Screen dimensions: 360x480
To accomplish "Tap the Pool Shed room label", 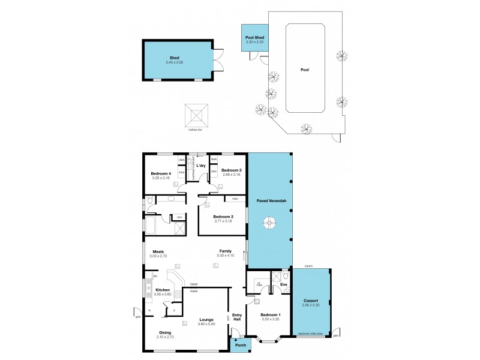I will coord(254,38).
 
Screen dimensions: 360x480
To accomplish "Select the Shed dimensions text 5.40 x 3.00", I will coord(175,62).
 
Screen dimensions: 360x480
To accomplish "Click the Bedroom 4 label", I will coord(160,173).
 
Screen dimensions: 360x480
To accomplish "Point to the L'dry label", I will coord(201,165).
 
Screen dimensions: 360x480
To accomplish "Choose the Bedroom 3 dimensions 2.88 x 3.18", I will coord(231,175).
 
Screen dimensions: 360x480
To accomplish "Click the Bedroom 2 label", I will coord(223,216).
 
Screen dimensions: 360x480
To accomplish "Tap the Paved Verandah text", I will coord(270,199).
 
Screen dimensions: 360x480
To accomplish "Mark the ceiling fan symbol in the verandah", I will coord(270,224).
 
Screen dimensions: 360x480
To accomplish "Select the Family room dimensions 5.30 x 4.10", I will coord(225,256).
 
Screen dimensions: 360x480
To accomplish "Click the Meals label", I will coord(158,252).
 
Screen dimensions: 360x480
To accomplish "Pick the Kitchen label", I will coord(162,290).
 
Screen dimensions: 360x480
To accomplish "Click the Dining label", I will coord(165,333).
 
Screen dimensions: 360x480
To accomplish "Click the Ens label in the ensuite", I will coord(284,284).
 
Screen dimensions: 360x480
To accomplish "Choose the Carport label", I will coord(310,301).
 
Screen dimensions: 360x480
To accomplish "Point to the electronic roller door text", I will coord(311,334).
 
